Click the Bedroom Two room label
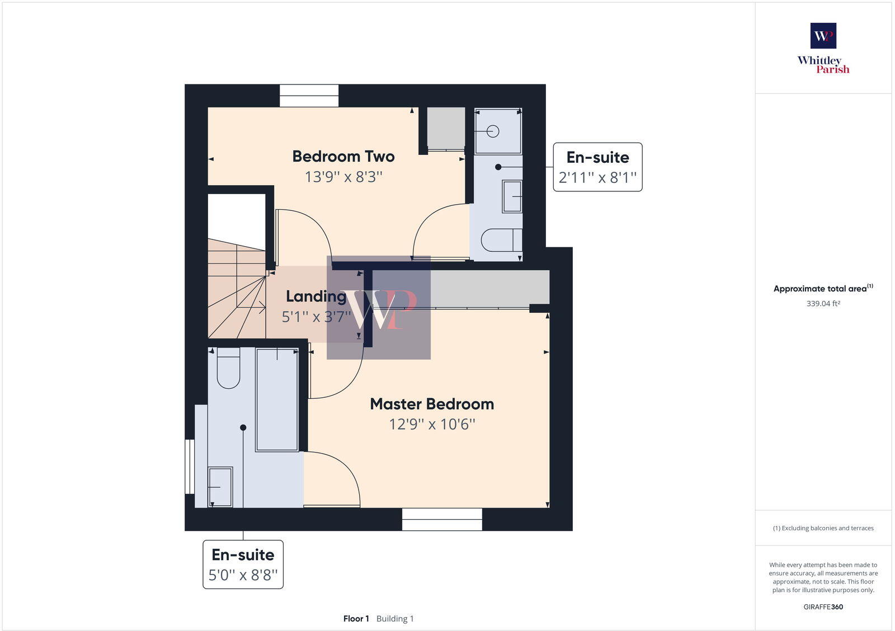(x=343, y=157)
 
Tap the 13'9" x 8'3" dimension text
(x=343, y=177)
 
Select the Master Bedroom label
(x=432, y=404)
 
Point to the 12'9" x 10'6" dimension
(x=432, y=425)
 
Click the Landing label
(x=316, y=296)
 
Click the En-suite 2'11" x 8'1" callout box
(x=597, y=167)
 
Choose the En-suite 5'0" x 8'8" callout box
(x=243, y=564)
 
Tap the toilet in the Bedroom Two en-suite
(x=501, y=241)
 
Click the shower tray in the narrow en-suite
(x=498, y=131)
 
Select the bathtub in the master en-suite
(x=277, y=399)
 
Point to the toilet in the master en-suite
(x=228, y=368)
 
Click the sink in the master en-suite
(x=220, y=487)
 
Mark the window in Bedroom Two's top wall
(x=309, y=96)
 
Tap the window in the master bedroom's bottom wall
(x=442, y=519)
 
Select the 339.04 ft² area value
(x=823, y=304)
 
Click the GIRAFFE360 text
(x=823, y=607)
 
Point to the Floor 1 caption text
(x=356, y=619)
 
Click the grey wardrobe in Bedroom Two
(x=446, y=129)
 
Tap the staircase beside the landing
(x=236, y=294)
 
